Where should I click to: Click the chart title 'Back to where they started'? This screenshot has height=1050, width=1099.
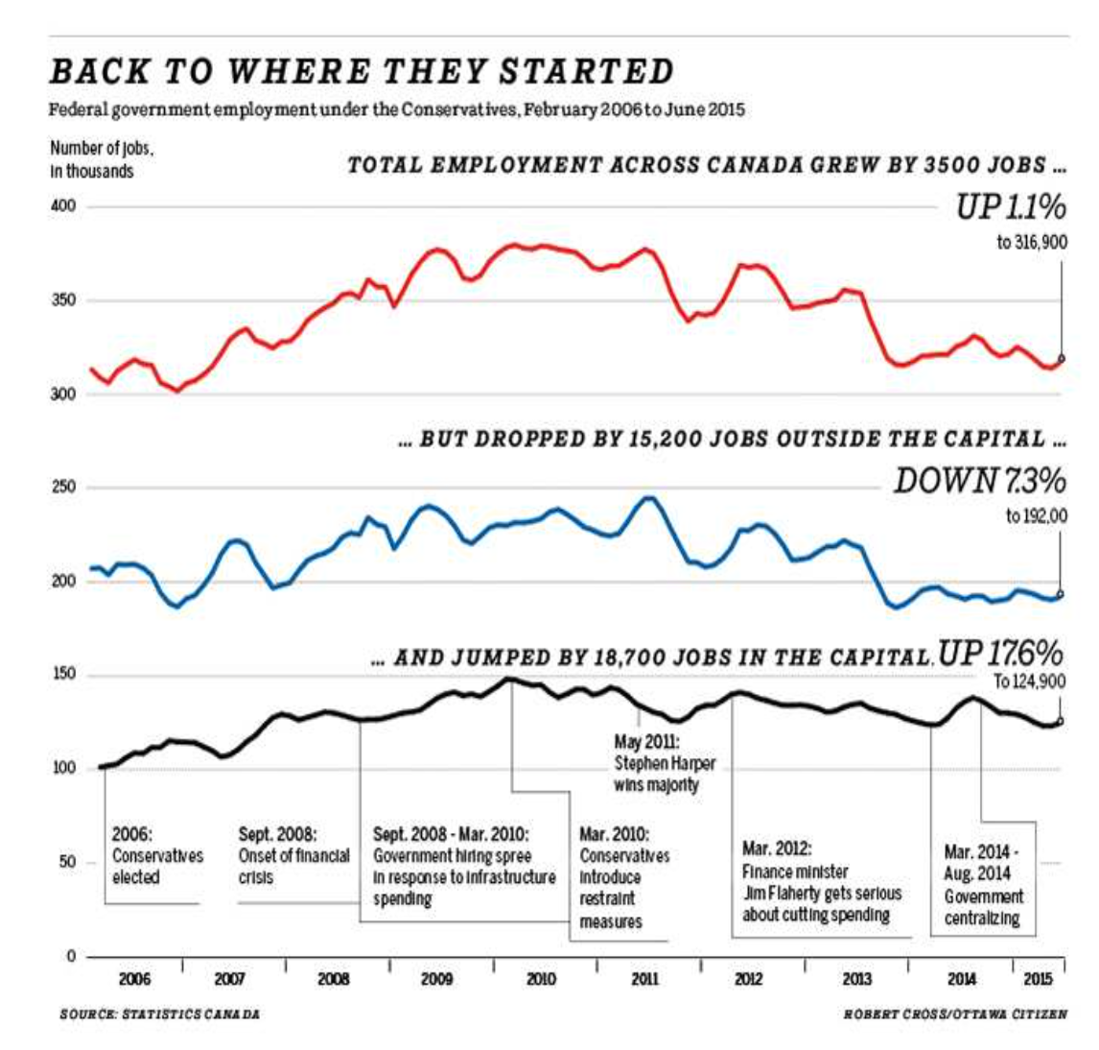(362, 72)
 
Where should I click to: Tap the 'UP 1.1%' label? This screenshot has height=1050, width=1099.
(1010, 207)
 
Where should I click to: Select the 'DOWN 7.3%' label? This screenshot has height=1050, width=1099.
(979, 481)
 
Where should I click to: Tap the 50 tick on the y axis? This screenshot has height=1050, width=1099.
(67, 862)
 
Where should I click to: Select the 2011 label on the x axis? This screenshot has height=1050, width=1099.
(644, 979)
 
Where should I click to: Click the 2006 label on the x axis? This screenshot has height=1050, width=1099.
(134, 979)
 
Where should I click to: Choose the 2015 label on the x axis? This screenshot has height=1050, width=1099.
(1038, 979)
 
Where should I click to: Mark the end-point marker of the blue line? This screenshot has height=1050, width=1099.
(1060, 594)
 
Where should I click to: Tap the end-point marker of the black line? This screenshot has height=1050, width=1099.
(1060, 721)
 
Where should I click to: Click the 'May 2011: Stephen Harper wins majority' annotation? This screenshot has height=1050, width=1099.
(664, 763)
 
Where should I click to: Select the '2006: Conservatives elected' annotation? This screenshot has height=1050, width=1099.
(157, 855)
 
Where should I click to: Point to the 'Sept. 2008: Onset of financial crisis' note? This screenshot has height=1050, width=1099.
(293, 855)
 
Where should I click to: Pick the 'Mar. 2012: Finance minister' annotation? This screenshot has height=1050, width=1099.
(821, 882)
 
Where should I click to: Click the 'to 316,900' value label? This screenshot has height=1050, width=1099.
(1031, 243)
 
